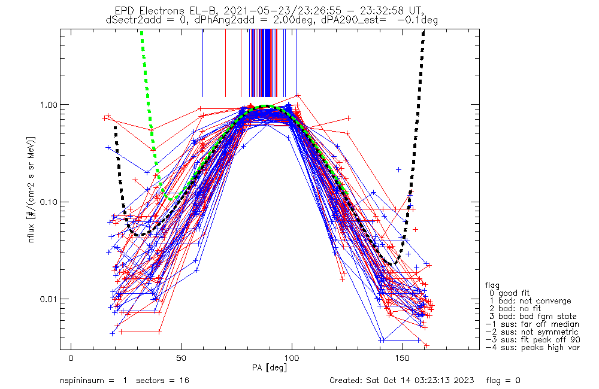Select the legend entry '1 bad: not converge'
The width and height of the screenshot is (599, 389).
(x=528, y=300)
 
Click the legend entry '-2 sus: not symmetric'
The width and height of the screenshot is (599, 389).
(x=531, y=332)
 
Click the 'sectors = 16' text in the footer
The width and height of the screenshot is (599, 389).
(x=163, y=381)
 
